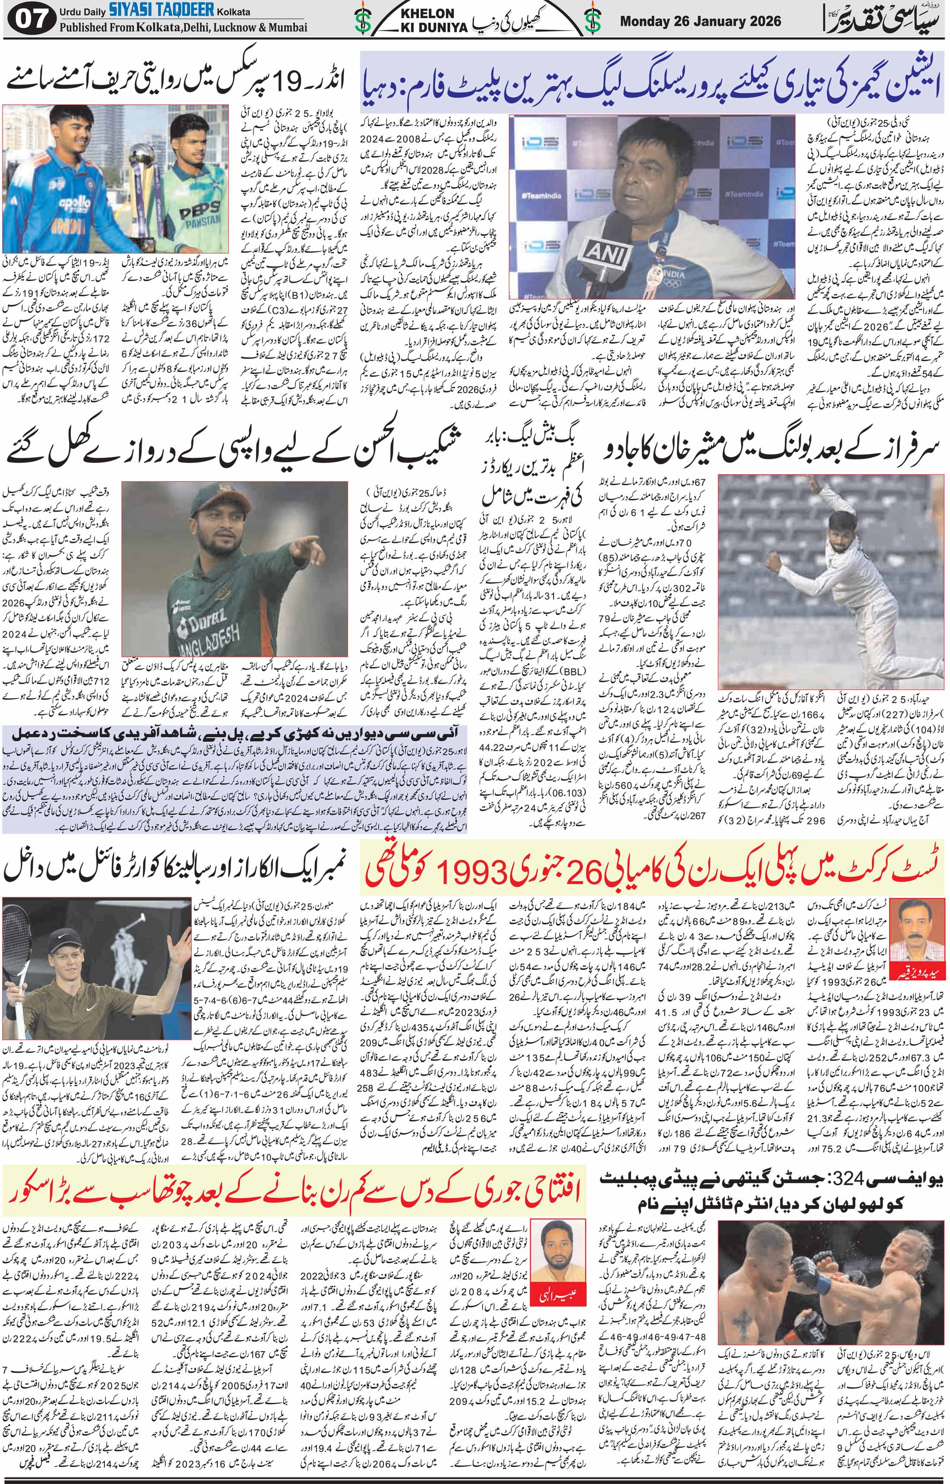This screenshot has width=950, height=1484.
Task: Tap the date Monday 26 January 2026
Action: coord(700,22)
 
